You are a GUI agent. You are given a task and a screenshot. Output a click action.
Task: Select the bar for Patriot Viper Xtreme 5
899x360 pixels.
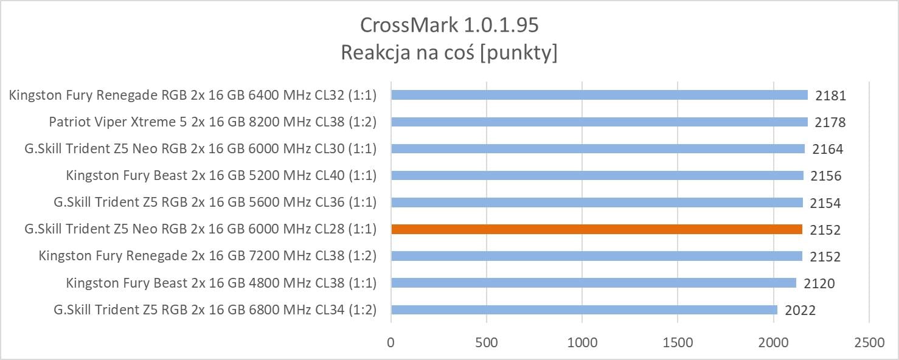pyautogui.click(x=599, y=122)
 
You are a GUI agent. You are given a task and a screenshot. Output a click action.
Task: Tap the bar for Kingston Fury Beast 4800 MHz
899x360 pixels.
pyautogui.click(x=594, y=283)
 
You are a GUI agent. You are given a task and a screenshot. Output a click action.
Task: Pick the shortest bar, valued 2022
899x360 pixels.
pyautogui.click(x=584, y=310)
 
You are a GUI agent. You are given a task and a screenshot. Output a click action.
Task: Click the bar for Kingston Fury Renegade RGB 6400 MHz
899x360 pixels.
pyautogui.click(x=599, y=95)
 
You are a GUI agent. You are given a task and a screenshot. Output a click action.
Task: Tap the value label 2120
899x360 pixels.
pyautogui.click(x=819, y=283)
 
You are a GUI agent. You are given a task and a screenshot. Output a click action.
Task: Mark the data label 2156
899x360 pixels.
pyautogui.click(x=826, y=176)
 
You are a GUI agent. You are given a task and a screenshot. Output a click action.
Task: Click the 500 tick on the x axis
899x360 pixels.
pyautogui.click(x=486, y=342)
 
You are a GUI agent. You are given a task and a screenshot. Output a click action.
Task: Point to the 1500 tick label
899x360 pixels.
pyautogui.click(x=678, y=342)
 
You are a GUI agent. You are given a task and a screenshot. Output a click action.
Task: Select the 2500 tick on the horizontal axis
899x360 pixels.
pyautogui.click(x=869, y=342)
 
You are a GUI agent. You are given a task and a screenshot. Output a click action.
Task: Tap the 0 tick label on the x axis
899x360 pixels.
pyautogui.click(x=391, y=342)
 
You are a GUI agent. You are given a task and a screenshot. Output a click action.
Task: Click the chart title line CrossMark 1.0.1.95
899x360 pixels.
pyautogui.click(x=449, y=25)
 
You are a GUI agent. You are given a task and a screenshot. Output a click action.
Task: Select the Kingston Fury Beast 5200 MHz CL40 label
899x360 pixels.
pyautogui.click(x=221, y=176)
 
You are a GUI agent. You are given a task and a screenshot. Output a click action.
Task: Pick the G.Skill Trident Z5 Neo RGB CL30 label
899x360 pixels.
pyautogui.click(x=200, y=148)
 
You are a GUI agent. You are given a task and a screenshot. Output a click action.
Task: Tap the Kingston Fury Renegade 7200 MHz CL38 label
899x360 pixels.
pyautogui.click(x=207, y=256)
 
